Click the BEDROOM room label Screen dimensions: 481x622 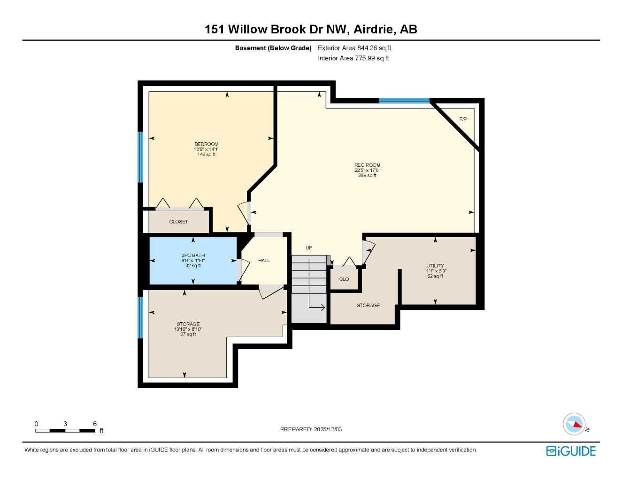[x=206, y=144]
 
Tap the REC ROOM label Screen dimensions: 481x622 [x=367, y=165]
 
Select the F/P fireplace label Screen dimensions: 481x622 [x=463, y=119]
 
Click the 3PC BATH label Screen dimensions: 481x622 [x=193, y=256]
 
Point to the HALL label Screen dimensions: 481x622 [x=264, y=260]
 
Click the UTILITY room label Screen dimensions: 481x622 [x=435, y=266]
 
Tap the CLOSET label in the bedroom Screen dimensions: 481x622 [x=178, y=222]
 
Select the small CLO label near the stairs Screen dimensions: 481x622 [x=344, y=279]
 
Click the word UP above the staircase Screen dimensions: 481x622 [x=309, y=248]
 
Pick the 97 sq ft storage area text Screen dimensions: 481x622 [x=188, y=334]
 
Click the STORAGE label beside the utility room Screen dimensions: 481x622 [x=368, y=305]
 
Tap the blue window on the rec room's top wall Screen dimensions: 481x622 [x=404, y=101]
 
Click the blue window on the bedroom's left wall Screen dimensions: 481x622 [x=140, y=156]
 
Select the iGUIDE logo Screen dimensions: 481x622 [x=571, y=451]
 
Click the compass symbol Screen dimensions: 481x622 [x=574, y=424]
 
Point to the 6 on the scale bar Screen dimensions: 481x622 [x=94, y=424]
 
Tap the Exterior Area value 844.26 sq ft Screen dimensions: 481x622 [x=374, y=48]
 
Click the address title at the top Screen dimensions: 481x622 [x=311, y=29]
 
